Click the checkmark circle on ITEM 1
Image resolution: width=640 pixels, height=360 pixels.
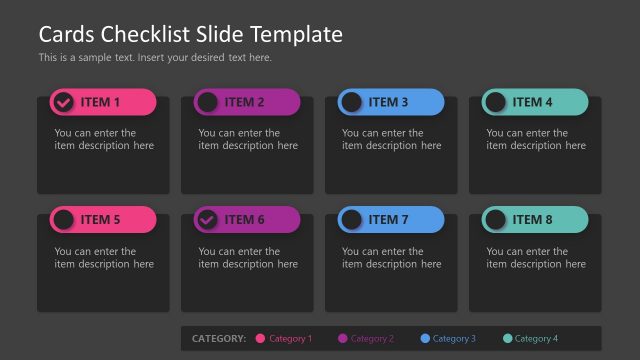pos(63,102)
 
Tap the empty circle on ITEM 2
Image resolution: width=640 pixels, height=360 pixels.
pos(207,102)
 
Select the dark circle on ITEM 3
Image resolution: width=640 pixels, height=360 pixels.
pos(351,102)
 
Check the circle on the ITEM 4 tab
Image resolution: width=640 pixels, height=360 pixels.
pos(495,102)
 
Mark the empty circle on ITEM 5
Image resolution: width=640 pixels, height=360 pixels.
pos(63,220)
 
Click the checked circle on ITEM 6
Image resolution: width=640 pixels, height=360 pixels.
pos(207,220)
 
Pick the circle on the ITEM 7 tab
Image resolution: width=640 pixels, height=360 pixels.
pos(351,220)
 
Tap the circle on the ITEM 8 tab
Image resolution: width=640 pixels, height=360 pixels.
pos(495,220)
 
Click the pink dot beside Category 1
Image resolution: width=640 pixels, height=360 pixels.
pos(261,339)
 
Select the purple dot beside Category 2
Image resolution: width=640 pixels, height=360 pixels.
pos(343,339)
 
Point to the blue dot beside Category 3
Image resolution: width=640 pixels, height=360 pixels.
pos(425,339)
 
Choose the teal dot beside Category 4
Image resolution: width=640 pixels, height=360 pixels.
pos(507,339)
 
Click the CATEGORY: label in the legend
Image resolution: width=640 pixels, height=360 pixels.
pos(218,339)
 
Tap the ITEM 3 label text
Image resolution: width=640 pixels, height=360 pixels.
pos(388,102)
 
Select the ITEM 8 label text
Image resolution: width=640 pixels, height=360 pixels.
pos(532,220)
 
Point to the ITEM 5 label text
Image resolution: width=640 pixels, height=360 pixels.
pos(100,220)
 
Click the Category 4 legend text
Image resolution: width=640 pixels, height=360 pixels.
pos(536,339)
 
